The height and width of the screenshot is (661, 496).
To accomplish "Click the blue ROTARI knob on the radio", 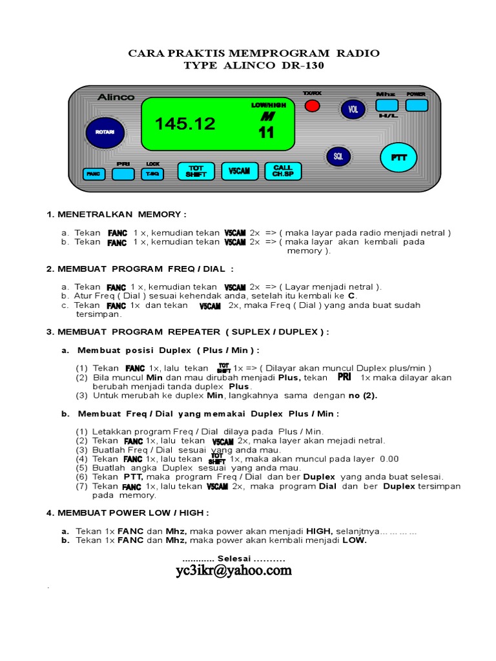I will (x=104, y=132).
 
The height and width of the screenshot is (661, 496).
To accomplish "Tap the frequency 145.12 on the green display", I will (x=185, y=125).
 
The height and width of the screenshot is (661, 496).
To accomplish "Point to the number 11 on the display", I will (x=266, y=134).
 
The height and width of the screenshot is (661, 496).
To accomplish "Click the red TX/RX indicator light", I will (x=312, y=106).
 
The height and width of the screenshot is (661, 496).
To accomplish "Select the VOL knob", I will (x=353, y=110).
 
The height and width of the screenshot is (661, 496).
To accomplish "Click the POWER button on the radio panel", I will (x=417, y=105).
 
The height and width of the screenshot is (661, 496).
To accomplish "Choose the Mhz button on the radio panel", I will (x=386, y=105).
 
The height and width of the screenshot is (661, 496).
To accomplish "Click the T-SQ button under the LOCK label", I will (x=153, y=174).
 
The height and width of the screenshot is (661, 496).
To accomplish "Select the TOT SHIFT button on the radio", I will (x=195, y=171).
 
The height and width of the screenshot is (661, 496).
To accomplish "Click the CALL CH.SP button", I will (x=283, y=171).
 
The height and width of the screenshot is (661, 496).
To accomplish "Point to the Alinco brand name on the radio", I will (x=116, y=97).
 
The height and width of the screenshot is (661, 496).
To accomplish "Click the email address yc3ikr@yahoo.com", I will (x=233, y=571).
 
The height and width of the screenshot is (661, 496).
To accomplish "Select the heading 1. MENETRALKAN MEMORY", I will (x=116, y=214).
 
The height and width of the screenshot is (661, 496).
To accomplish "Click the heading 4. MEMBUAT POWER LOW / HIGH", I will (x=127, y=513).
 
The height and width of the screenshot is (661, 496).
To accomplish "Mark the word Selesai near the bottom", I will (x=234, y=558).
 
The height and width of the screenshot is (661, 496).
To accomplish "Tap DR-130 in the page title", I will (x=300, y=66).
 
